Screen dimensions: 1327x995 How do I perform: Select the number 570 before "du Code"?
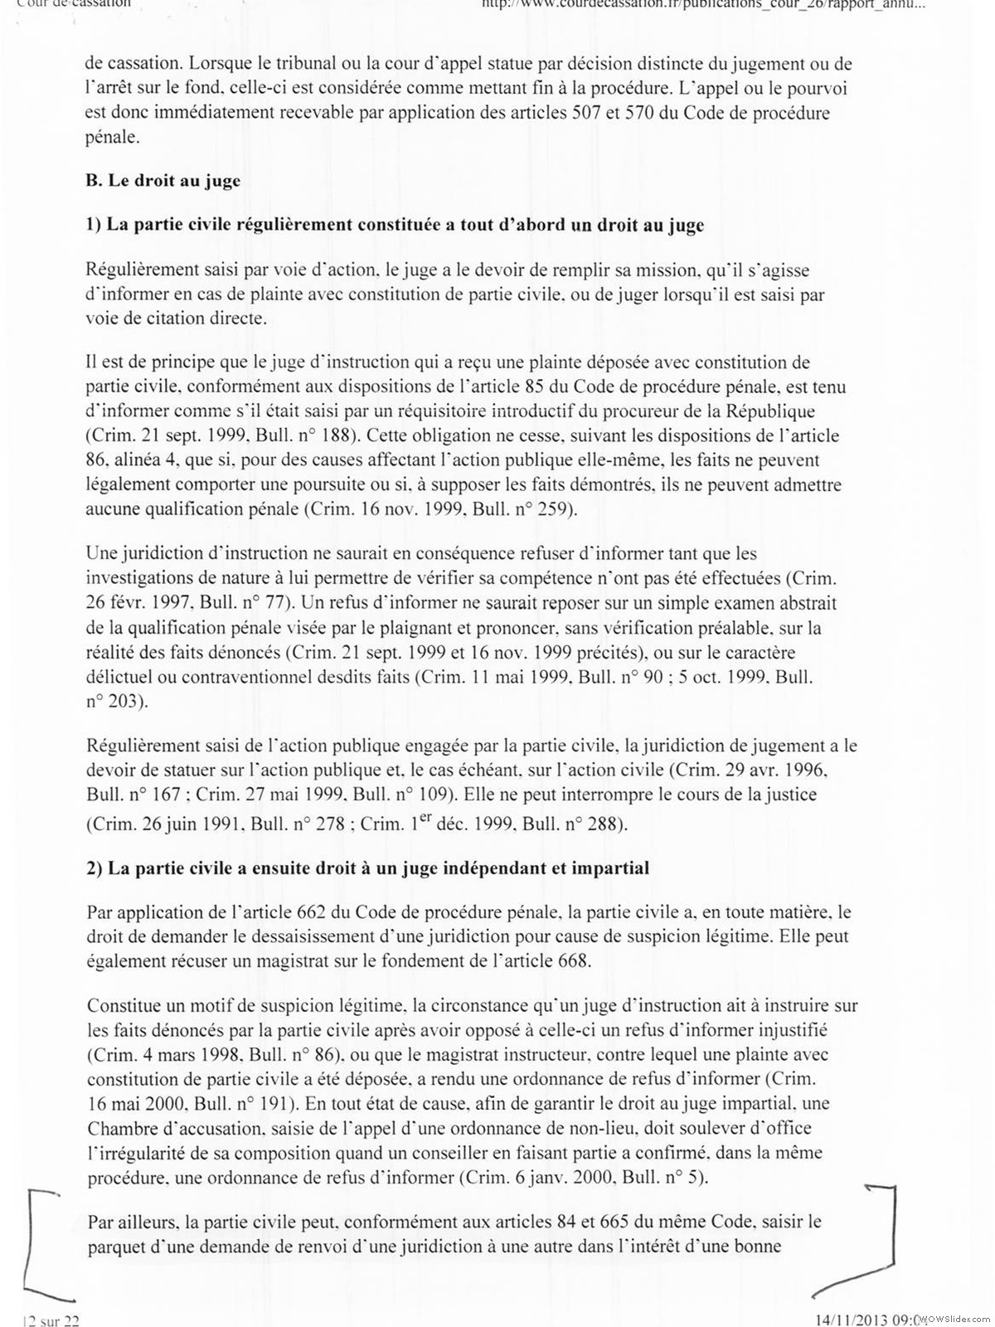(656, 113)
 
